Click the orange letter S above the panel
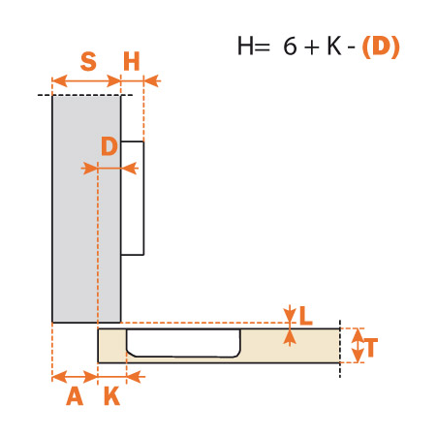click(88, 61)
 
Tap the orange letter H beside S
click(132, 61)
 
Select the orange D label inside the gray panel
click(109, 146)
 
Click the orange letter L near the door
click(305, 316)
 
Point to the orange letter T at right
click(371, 348)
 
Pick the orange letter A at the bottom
click(75, 396)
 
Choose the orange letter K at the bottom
click(112, 396)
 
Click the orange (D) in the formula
click(381, 47)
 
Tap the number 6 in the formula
click(290, 46)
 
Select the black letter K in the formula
click(334, 46)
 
